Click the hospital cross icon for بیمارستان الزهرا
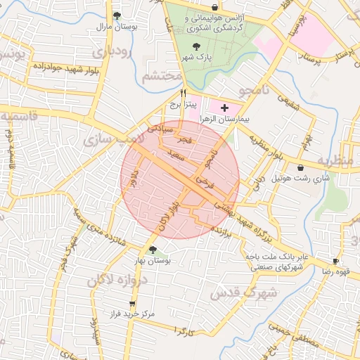224,108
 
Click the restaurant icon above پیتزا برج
184,93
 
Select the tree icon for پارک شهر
195,46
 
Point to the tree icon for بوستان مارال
117,15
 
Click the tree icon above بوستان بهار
153,250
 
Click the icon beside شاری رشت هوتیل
302,168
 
